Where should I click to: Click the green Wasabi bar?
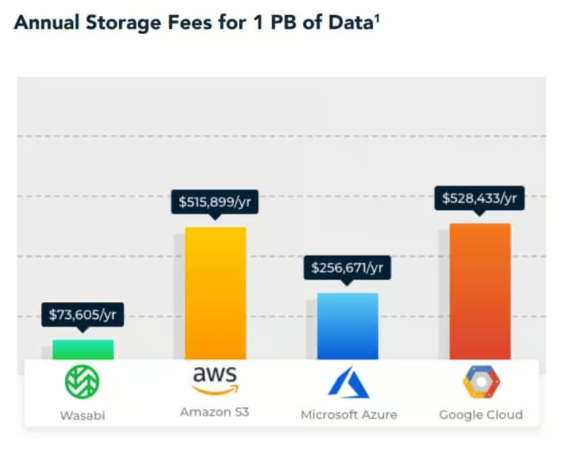(x=83, y=350)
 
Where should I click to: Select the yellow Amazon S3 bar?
(x=215, y=293)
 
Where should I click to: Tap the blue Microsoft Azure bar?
(x=347, y=326)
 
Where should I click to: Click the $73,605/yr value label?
(x=82, y=314)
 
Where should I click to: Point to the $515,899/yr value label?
(x=215, y=201)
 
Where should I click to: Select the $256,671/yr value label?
(x=347, y=268)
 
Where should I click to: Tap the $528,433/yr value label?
(x=480, y=198)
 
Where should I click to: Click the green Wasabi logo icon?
(x=82, y=381)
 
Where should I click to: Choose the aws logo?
(x=215, y=380)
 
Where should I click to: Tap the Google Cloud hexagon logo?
(x=481, y=382)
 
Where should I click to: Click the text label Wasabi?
(x=82, y=414)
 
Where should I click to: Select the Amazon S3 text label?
(x=215, y=411)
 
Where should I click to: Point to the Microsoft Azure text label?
(x=349, y=414)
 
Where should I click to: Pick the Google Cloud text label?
(x=481, y=414)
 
